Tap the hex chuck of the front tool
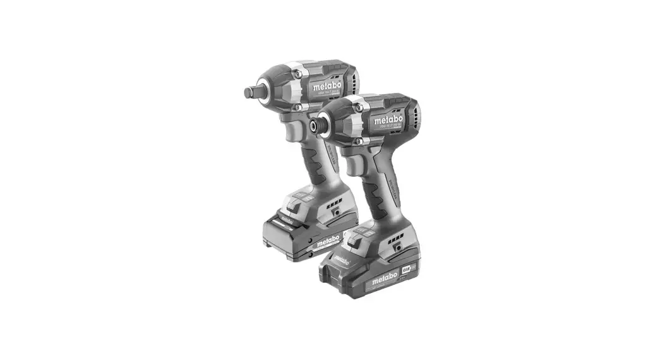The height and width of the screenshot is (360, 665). [x=313, y=126]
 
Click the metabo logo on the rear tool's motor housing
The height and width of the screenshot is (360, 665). [x=327, y=86]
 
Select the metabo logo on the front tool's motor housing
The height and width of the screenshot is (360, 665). [x=388, y=119]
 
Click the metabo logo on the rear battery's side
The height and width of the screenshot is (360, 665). [x=328, y=241]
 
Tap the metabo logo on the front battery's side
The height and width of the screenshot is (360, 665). [x=385, y=278]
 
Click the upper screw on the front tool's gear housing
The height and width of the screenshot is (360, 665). [x=359, y=108]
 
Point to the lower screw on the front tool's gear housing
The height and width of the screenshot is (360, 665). [x=359, y=140]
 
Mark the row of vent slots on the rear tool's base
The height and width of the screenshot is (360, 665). [x=334, y=206]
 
